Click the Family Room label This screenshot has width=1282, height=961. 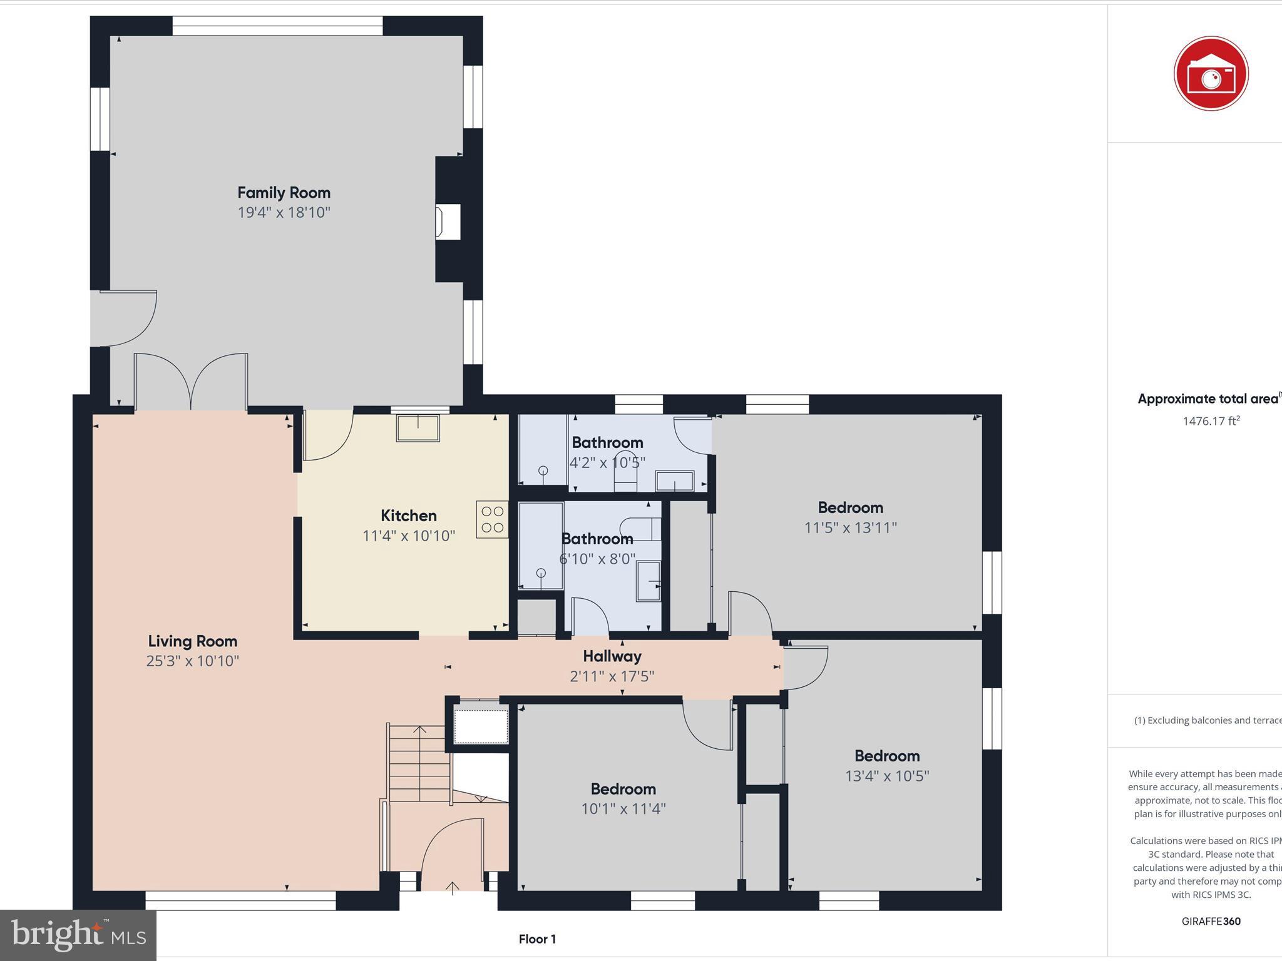[284, 193]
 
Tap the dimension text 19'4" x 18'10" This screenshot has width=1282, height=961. [284, 213]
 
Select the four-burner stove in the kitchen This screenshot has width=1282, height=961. [492, 519]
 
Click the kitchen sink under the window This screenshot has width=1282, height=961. [418, 428]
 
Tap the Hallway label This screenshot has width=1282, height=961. [612, 656]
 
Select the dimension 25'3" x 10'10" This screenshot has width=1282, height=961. [193, 661]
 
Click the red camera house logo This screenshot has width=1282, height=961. [1211, 74]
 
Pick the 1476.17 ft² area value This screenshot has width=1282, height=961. [1211, 421]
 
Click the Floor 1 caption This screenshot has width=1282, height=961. [537, 938]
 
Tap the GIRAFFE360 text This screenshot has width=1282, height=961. [1211, 921]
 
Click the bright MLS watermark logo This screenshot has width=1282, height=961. [78, 935]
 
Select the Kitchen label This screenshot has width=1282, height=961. [409, 516]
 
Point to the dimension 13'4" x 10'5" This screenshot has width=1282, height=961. [886, 776]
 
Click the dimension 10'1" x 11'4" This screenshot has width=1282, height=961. [623, 809]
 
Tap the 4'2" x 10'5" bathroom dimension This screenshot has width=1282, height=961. [607, 463]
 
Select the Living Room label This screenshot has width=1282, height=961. [193, 641]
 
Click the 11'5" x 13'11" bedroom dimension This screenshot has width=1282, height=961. [850, 528]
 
